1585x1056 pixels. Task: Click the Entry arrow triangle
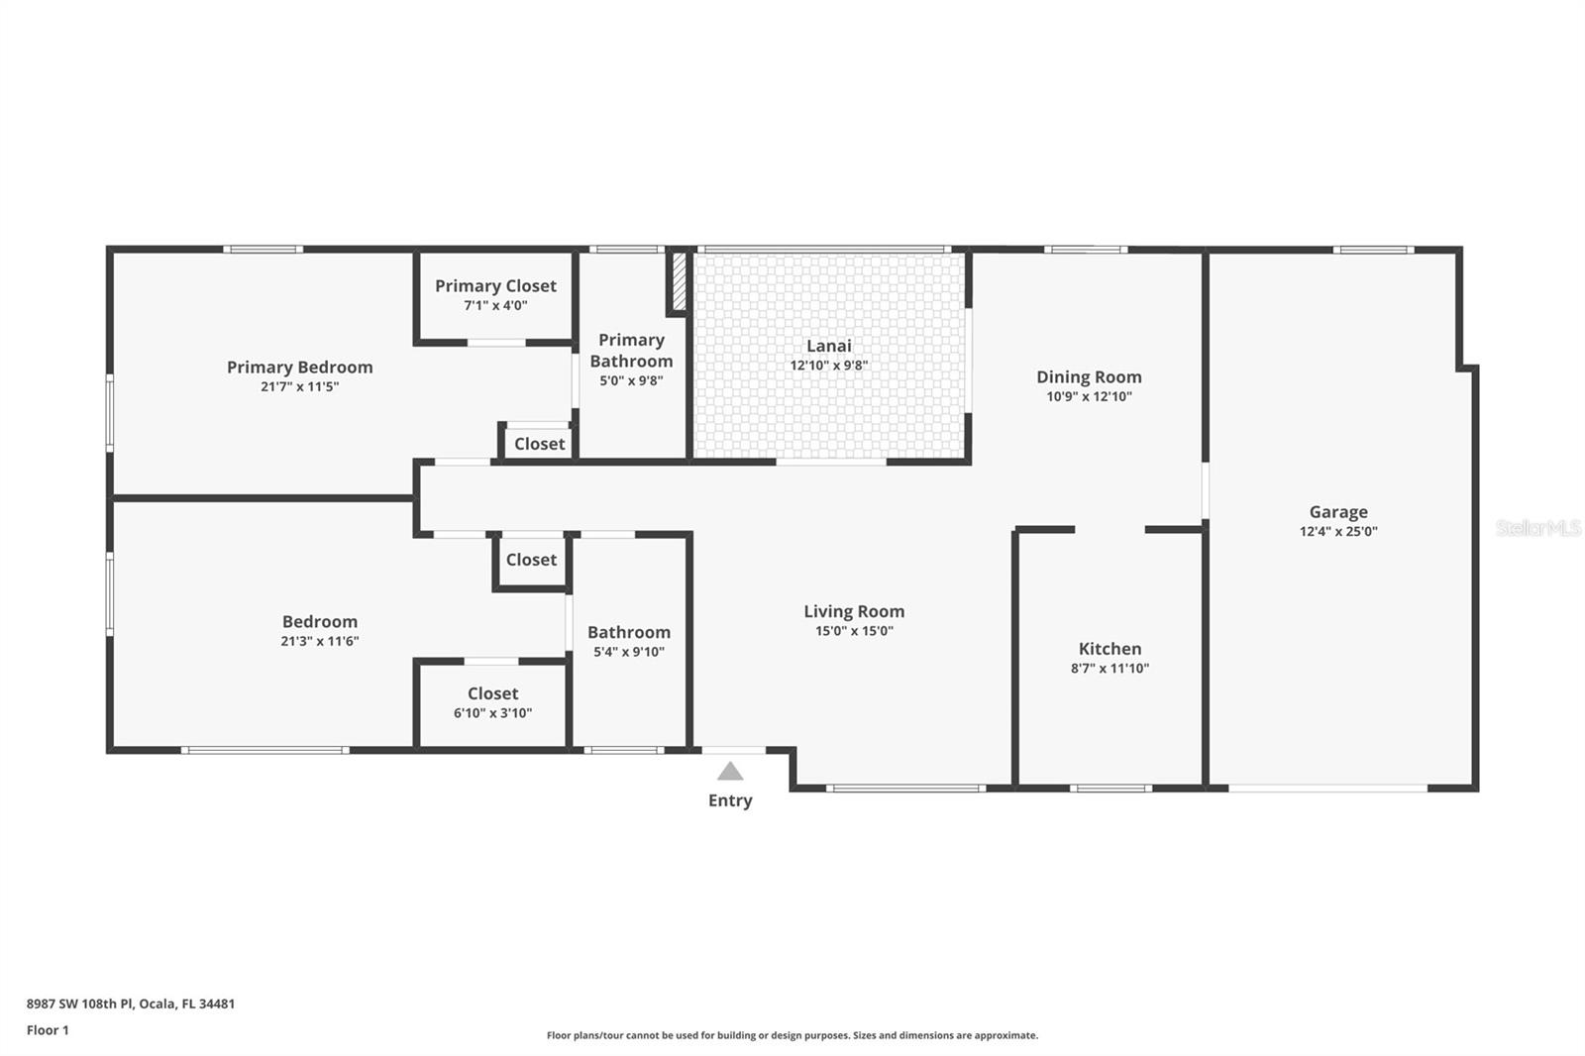pos(730,771)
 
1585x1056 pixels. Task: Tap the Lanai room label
pos(828,346)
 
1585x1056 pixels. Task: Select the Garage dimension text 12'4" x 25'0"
pos(1338,531)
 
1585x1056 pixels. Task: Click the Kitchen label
pos(1109,649)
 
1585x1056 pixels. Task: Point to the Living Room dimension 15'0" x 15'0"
pos(853,631)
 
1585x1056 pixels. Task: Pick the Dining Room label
pos(1089,376)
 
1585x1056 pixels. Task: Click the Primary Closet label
pos(495,286)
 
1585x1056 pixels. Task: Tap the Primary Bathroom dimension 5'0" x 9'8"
pos(631,380)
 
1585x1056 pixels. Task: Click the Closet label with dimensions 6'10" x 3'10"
pos(492,693)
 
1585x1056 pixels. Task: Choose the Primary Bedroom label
pos(299,368)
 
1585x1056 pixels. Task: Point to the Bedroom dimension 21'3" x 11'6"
pos(319,641)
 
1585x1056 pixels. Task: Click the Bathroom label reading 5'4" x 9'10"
pos(628,632)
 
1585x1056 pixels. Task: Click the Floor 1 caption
pos(48,1030)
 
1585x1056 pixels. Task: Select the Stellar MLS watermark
pos(1537,528)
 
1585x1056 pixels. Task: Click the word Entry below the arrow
pos(730,800)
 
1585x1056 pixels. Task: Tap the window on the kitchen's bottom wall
pos(1110,789)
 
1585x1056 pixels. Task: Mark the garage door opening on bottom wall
pos(1327,789)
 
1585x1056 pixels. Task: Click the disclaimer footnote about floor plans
pos(792,1035)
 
